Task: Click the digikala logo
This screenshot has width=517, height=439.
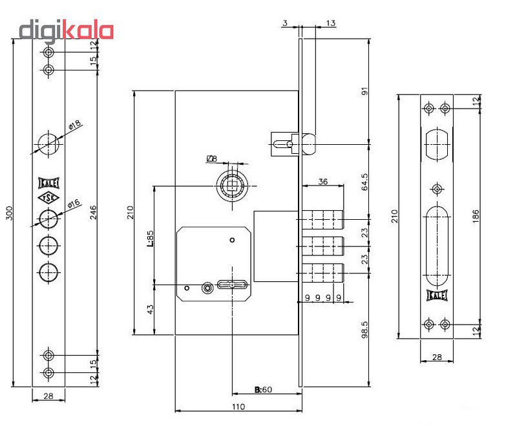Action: click(x=67, y=31)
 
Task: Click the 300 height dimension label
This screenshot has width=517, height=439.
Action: click(x=10, y=213)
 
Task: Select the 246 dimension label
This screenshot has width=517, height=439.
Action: click(x=93, y=212)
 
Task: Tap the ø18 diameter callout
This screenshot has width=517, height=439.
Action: click(x=75, y=125)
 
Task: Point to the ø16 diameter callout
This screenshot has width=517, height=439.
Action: click(x=74, y=203)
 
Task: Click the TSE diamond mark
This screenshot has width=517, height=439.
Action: click(x=48, y=198)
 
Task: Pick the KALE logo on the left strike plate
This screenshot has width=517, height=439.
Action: click(x=48, y=183)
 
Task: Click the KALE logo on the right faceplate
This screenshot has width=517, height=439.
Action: click(x=437, y=295)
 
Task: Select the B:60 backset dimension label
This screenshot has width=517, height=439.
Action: click(x=263, y=389)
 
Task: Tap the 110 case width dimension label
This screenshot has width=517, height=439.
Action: click(x=238, y=407)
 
